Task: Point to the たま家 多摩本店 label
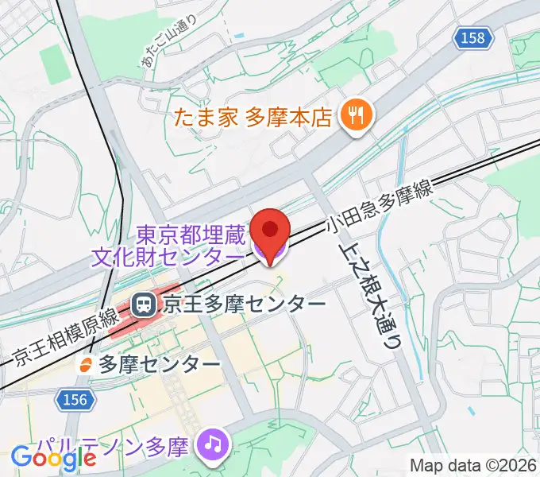[253, 118]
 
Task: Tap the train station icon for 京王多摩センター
[145, 304]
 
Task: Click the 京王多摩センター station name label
[245, 304]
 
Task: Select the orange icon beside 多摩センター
[86, 364]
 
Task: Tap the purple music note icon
[213, 442]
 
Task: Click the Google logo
[54, 457]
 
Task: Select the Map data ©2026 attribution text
[473, 464]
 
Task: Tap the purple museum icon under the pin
[270, 254]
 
